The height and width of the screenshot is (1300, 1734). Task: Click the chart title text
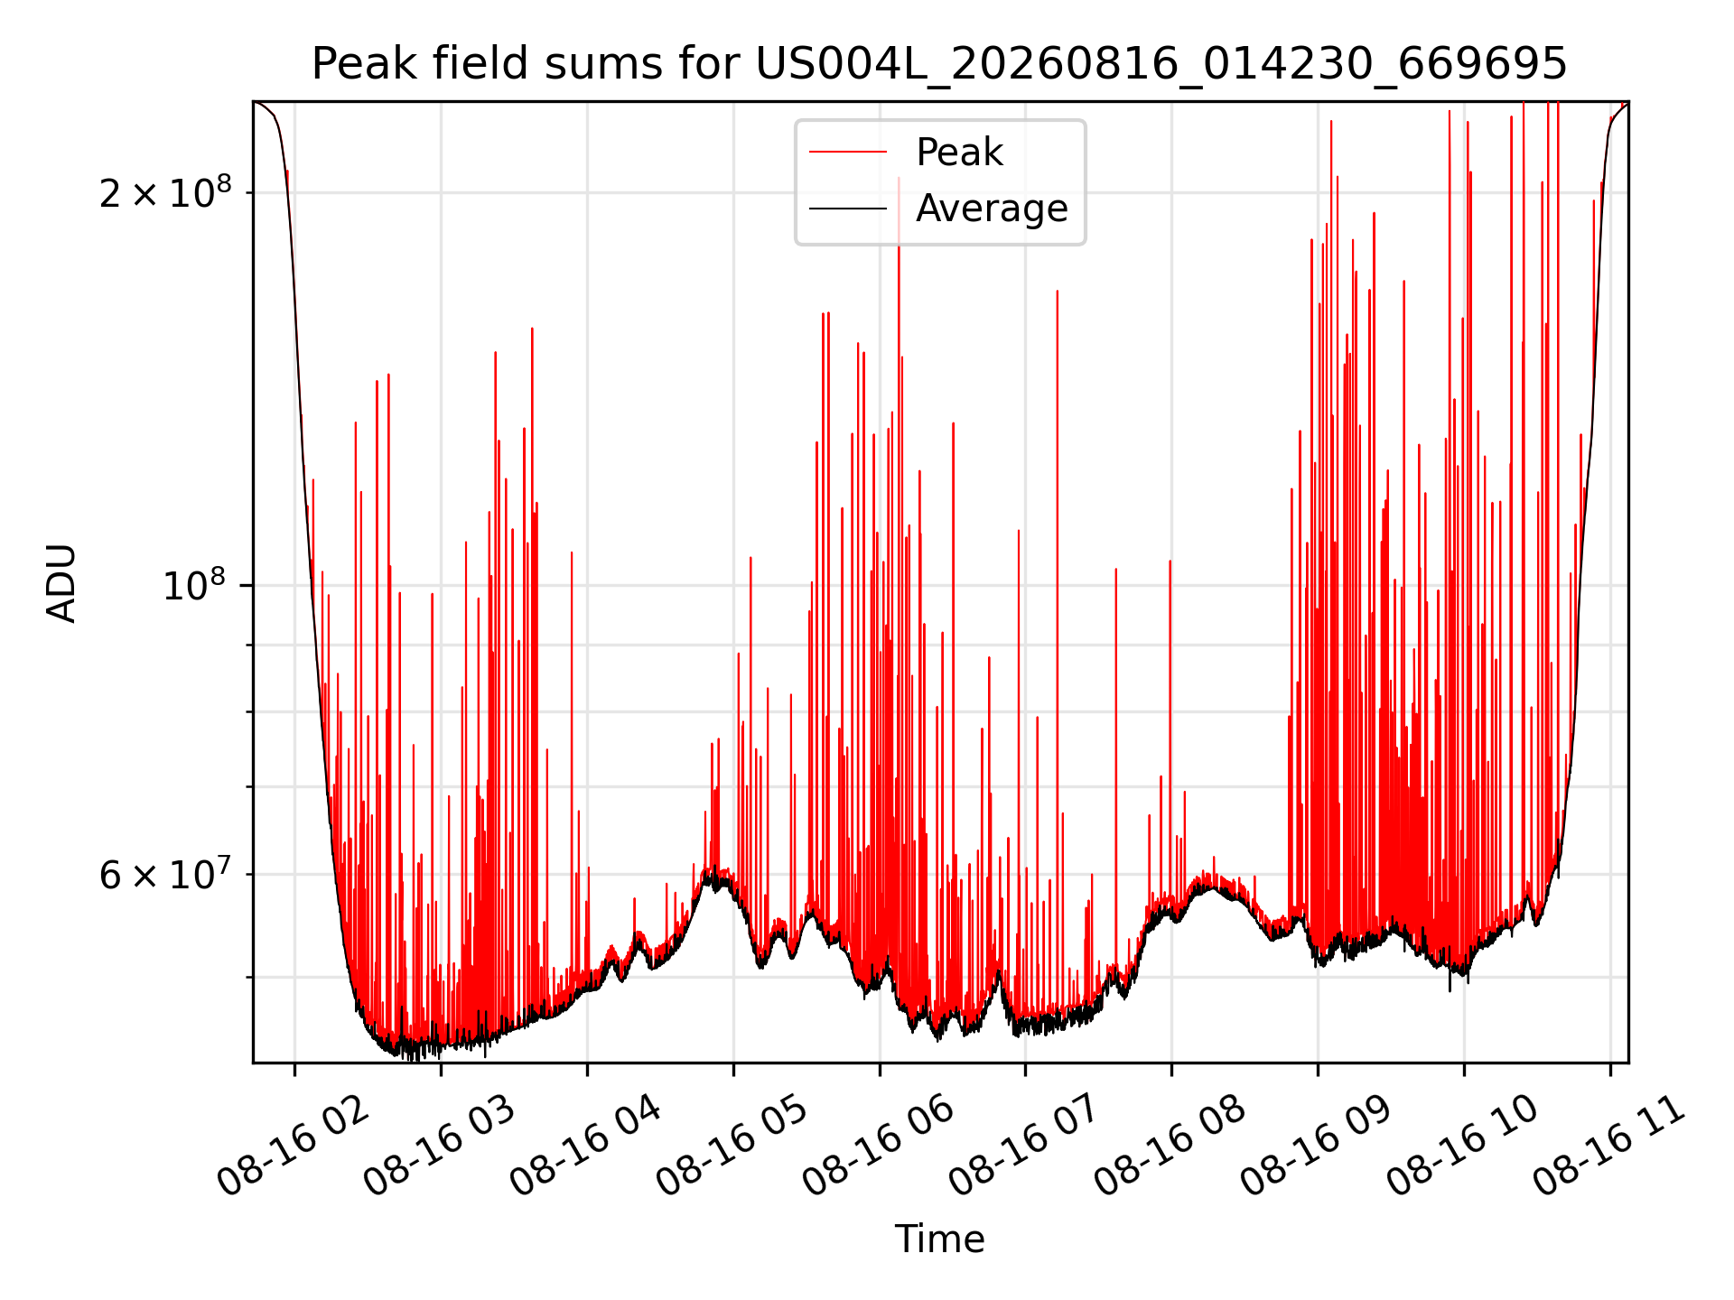[x=939, y=64]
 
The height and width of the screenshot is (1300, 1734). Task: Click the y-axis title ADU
[x=61, y=583]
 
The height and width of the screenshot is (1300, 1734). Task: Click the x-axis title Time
[x=939, y=1239]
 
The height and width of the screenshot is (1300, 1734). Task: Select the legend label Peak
[x=959, y=153]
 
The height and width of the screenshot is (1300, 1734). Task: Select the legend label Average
[x=992, y=209]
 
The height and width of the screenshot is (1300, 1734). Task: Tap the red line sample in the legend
[x=847, y=153]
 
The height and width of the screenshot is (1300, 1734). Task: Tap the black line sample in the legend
[x=847, y=209]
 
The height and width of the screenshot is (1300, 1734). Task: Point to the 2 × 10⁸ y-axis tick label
[x=165, y=192]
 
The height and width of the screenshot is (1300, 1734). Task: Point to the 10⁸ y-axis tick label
[x=197, y=586]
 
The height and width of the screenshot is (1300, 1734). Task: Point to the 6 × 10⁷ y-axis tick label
[x=165, y=874]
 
